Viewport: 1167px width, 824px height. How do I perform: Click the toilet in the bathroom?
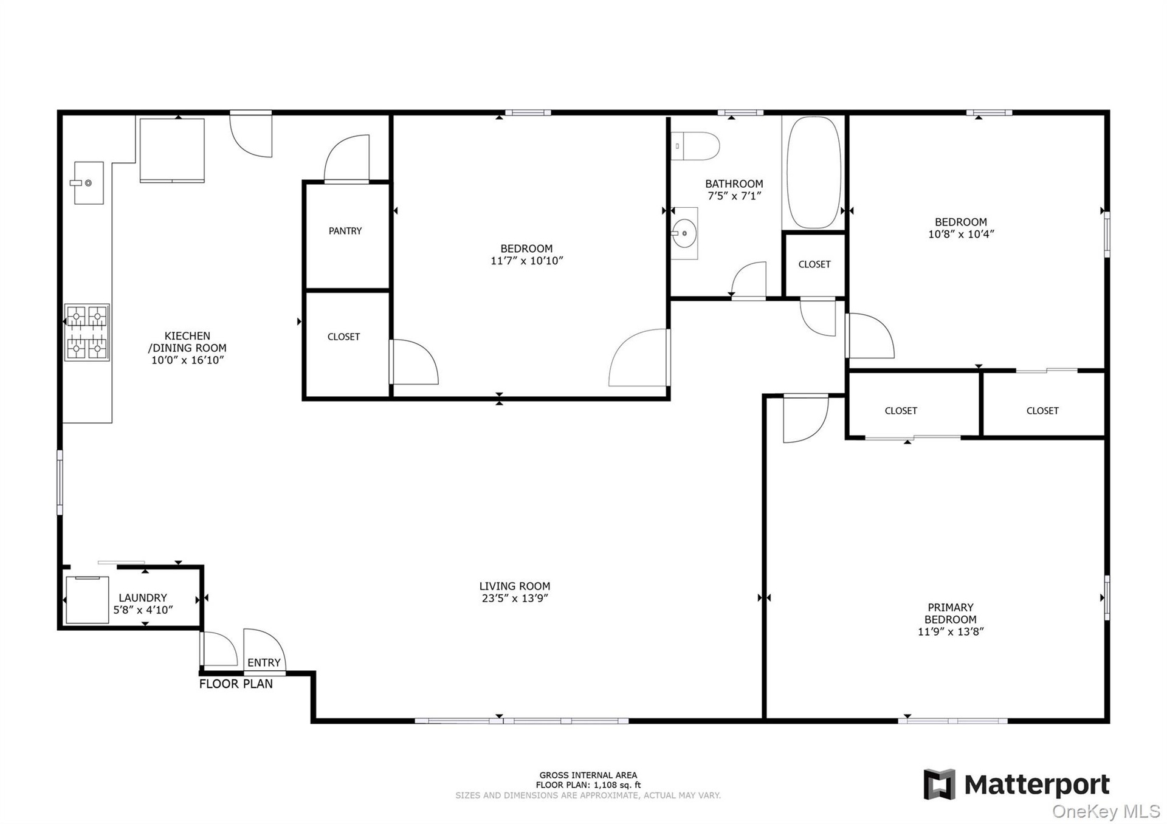(695, 146)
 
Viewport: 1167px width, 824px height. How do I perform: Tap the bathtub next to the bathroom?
(814, 173)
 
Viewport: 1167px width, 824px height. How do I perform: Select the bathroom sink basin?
(684, 233)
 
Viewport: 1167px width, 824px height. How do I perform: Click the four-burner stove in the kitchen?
(87, 332)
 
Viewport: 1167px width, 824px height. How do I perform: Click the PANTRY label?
(345, 231)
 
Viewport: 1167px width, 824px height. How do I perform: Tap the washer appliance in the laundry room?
(87, 600)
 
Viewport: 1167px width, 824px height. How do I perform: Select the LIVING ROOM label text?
(515, 586)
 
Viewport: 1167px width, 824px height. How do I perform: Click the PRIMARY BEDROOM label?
(951, 613)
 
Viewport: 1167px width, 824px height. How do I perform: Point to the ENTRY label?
(264, 662)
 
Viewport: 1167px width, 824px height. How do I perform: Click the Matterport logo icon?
(940, 785)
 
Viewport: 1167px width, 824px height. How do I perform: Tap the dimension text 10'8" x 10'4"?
(961, 234)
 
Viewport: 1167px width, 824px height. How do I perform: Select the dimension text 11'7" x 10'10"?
(527, 261)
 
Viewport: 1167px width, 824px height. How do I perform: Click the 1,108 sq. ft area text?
(618, 785)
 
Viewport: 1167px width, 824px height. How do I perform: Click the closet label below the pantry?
(344, 337)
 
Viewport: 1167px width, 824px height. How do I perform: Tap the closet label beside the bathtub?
(814, 264)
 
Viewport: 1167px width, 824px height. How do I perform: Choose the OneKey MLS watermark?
(1106, 811)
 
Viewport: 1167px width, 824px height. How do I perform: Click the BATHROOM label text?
(734, 184)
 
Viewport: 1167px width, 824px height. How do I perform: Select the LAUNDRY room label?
(143, 598)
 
